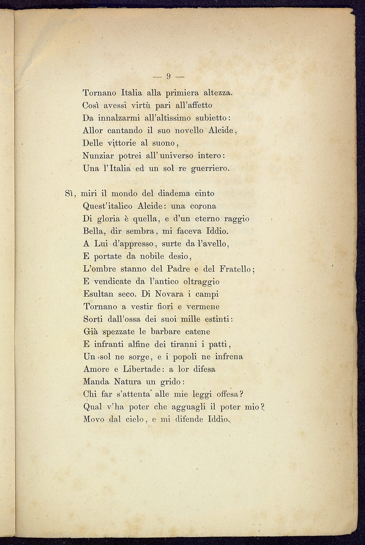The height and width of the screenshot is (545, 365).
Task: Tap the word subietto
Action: click(x=210, y=118)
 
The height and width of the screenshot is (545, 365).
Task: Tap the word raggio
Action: click(x=236, y=219)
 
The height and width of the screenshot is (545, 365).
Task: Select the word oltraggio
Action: click(x=201, y=282)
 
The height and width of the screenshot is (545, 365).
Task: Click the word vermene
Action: click(x=203, y=307)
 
